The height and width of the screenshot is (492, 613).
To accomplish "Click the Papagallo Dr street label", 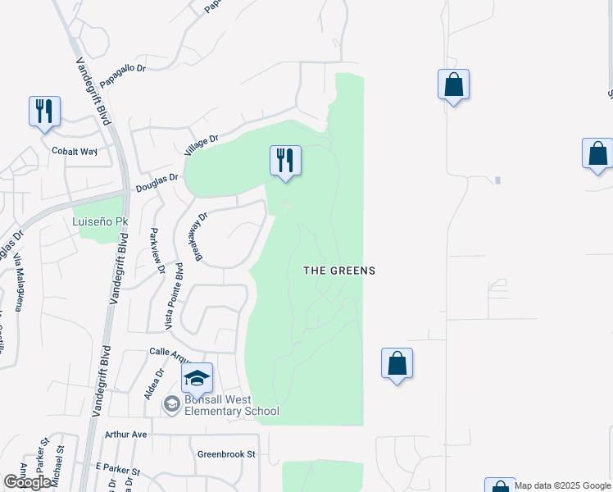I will (122, 76).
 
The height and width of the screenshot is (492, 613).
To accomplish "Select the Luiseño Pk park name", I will (101, 221).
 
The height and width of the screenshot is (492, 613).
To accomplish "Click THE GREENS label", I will (339, 271).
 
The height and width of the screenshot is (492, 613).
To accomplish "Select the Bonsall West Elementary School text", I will (231, 405).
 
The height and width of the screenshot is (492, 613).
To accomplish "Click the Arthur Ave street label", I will (125, 434).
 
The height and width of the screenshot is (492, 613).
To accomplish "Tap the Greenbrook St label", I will (227, 453).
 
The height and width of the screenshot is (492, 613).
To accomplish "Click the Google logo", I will (28, 482).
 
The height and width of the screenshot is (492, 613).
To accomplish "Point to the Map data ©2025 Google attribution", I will (563, 485).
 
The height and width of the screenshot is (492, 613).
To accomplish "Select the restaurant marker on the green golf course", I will (285, 160).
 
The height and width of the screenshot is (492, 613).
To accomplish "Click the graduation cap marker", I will (197, 378).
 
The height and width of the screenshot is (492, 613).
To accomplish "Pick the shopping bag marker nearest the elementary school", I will (397, 363).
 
